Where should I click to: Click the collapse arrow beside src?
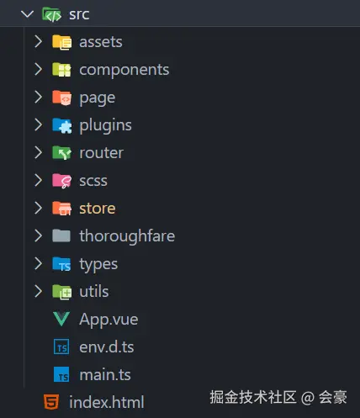27,14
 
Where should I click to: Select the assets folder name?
101,42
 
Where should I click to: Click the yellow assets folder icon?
61,42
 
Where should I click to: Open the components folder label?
124,70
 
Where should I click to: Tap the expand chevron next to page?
38,97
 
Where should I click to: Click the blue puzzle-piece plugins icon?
61,125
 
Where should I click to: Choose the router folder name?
102,153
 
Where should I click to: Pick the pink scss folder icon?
61,181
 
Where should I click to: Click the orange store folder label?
98,209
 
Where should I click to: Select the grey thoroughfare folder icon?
61,235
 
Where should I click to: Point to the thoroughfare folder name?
127,235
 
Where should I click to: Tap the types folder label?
98,264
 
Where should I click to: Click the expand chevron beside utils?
38,291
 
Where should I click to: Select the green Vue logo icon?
61,319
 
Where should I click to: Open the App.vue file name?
109,320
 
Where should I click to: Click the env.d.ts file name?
107,347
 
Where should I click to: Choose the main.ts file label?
105,375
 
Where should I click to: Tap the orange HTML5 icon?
51,402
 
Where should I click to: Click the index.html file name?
107,402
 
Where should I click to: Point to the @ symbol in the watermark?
307,398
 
